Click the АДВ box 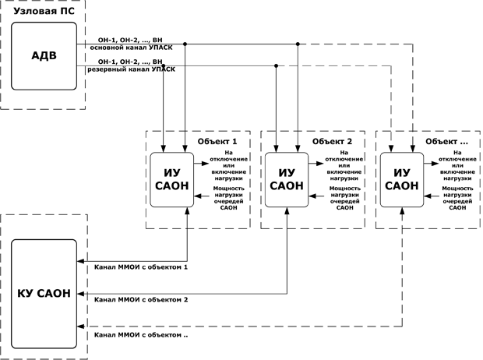point(44,56)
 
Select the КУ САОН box point(44,294)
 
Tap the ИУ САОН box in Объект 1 point(172,180)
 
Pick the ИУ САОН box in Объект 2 point(287,180)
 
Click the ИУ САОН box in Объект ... point(402,180)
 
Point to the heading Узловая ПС point(44,12)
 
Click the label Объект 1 point(217,142)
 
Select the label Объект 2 point(332,142)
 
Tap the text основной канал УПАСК point(131,48)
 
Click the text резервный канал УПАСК point(131,69)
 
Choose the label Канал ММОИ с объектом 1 point(141,267)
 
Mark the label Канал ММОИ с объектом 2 point(141,299)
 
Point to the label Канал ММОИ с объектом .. point(141,335)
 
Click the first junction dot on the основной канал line point(185,44)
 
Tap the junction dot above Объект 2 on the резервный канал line point(276,65)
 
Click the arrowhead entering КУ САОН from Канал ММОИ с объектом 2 point(80,294)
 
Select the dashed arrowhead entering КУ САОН point(80,326)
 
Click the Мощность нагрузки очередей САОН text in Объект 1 point(228,198)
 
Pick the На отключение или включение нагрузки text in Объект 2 point(344,165)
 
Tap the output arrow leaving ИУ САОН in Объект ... point(432,164)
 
